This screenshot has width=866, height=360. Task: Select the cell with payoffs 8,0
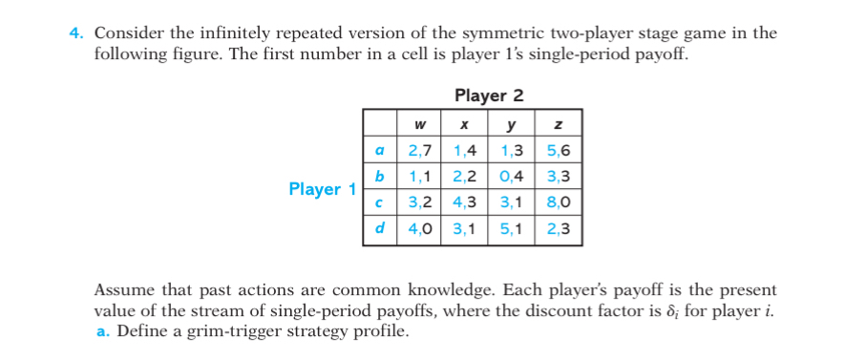point(559,202)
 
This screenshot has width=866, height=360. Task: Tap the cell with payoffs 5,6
point(559,151)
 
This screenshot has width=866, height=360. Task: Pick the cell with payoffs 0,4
point(512,177)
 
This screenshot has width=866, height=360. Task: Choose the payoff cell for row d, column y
point(512,229)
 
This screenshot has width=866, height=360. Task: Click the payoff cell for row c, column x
point(465,202)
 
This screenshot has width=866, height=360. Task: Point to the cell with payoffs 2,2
point(465,177)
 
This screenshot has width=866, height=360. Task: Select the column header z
point(559,125)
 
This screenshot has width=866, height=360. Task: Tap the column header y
point(512,125)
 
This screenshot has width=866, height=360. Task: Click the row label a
point(379,151)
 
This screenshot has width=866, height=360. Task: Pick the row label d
point(379,229)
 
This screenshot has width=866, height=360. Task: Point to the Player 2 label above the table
point(489,95)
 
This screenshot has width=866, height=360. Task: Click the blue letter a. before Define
point(102,332)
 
